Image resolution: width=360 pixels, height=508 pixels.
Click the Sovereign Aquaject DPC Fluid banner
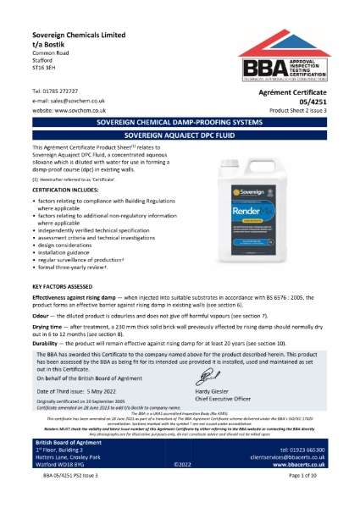coord(180,157)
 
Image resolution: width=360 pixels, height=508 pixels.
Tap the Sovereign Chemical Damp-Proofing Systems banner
coord(180,145)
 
